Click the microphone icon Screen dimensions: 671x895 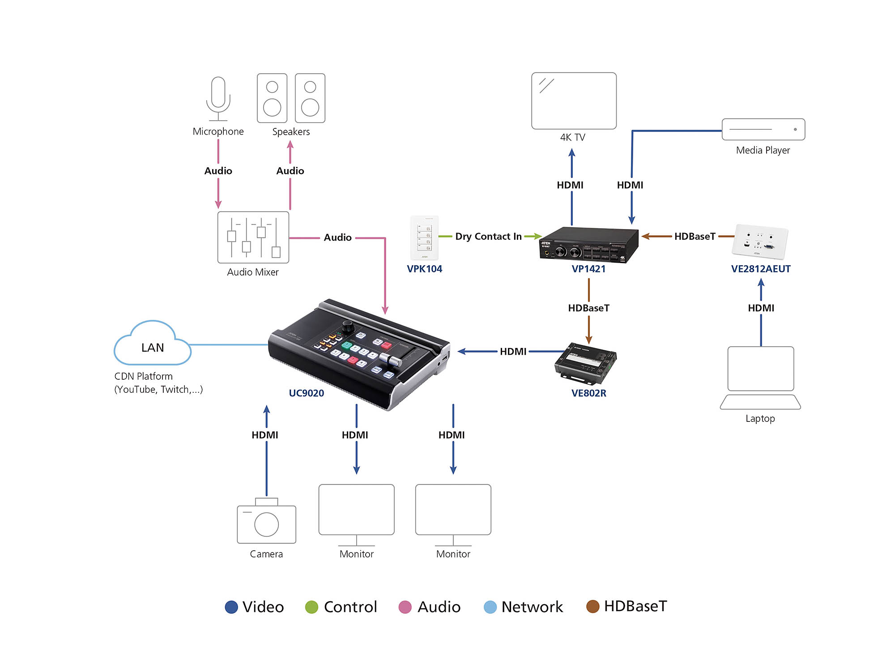(218, 98)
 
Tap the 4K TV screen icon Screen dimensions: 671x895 (574, 101)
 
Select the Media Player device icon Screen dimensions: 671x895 (763, 129)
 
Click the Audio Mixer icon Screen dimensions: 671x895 (253, 237)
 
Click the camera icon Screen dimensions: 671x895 (266, 521)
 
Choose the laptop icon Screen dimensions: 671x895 (760, 378)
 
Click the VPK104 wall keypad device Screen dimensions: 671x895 (424, 238)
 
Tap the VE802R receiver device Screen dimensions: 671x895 (585, 363)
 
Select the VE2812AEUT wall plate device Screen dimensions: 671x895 (760, 242)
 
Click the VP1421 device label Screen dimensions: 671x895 (588, 269)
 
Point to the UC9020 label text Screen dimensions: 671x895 (306, 393)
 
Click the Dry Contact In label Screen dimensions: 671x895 (488, 236)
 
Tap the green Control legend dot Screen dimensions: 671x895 (311, 607)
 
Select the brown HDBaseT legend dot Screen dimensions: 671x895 (592, 607)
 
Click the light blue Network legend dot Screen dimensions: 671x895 (490, 607)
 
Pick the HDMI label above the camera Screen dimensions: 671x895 (265, 435)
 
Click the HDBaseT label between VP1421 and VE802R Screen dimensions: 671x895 (588, 308)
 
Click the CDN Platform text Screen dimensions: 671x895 (144, 376)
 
